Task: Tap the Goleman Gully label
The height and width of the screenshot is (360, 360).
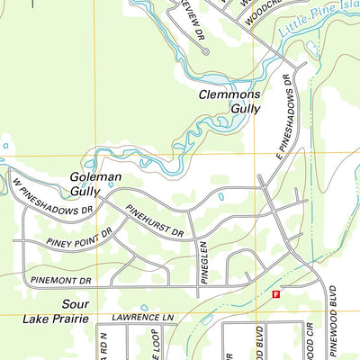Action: tap(95, 184)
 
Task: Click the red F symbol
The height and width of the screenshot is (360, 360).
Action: tap(276, 294)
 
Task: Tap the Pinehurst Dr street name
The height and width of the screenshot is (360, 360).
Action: tap(154, 220)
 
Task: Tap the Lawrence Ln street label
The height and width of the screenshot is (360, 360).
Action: tap(142, 318)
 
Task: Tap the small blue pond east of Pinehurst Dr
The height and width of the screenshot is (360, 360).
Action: tap(221, 195)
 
